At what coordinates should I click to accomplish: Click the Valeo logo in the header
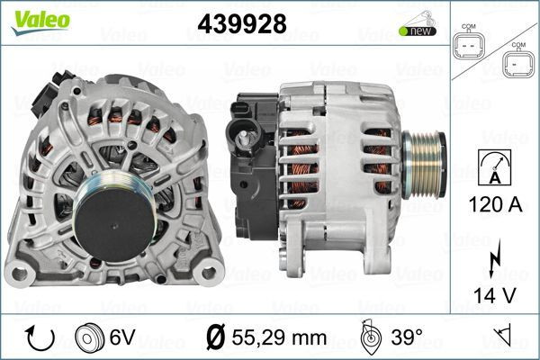[x=40, y=22]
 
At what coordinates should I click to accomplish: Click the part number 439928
[x=242, y=24]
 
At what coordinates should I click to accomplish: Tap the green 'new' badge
[x=418, y=31]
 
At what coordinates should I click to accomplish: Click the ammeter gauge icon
[x=495, y=166]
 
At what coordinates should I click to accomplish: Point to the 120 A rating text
[x=495, y=205]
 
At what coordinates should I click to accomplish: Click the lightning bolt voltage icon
[x=494, y=256]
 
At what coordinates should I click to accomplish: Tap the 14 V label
[x=495, y=295]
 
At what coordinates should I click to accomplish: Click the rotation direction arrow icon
[x=40, y=337]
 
